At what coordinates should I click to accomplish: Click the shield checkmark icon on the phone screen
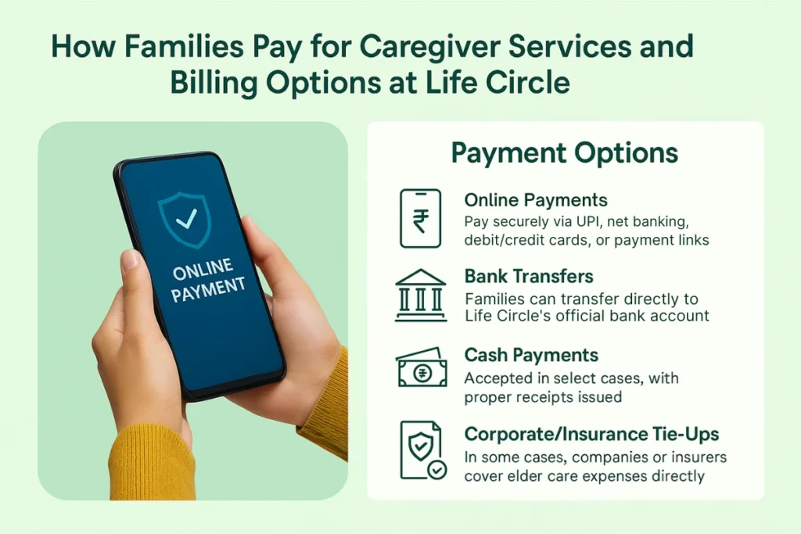[186, 220]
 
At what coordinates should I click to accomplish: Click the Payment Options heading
[565, 152]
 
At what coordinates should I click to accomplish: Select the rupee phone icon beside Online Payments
[421, 218]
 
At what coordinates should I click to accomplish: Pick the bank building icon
[421, 296]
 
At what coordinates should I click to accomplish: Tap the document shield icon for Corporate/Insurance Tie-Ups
[421, 450]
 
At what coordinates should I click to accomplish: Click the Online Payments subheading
[536, 200]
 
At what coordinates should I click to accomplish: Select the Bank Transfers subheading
[529, 277]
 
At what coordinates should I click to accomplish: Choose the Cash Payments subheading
[531, 356]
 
